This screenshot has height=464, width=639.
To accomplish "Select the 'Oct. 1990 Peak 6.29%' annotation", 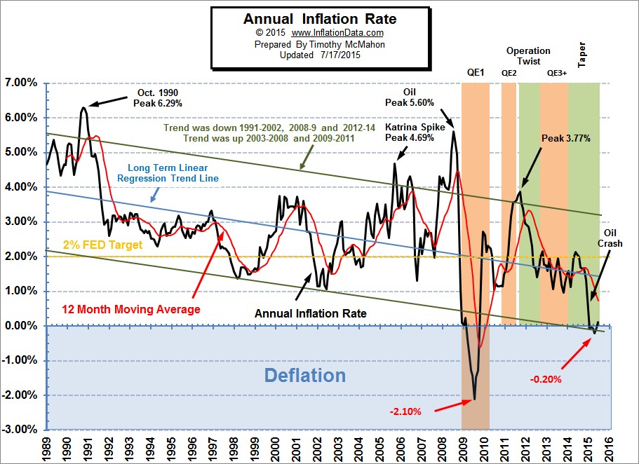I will tap(158, 97).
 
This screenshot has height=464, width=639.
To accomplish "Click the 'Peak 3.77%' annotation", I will tap(565, 139).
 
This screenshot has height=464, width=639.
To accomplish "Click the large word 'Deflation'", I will tap(304, 375).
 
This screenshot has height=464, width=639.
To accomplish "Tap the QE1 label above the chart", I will tap(475, 72).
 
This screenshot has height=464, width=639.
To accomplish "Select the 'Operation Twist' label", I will tap(528, 56).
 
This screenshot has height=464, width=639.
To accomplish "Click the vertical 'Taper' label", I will tap(581, 54).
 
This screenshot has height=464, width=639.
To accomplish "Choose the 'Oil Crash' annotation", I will tap(610, 238).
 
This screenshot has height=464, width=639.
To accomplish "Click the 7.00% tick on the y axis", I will tap(22, 83).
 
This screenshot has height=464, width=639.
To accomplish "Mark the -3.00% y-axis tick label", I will tap(21, 429).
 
